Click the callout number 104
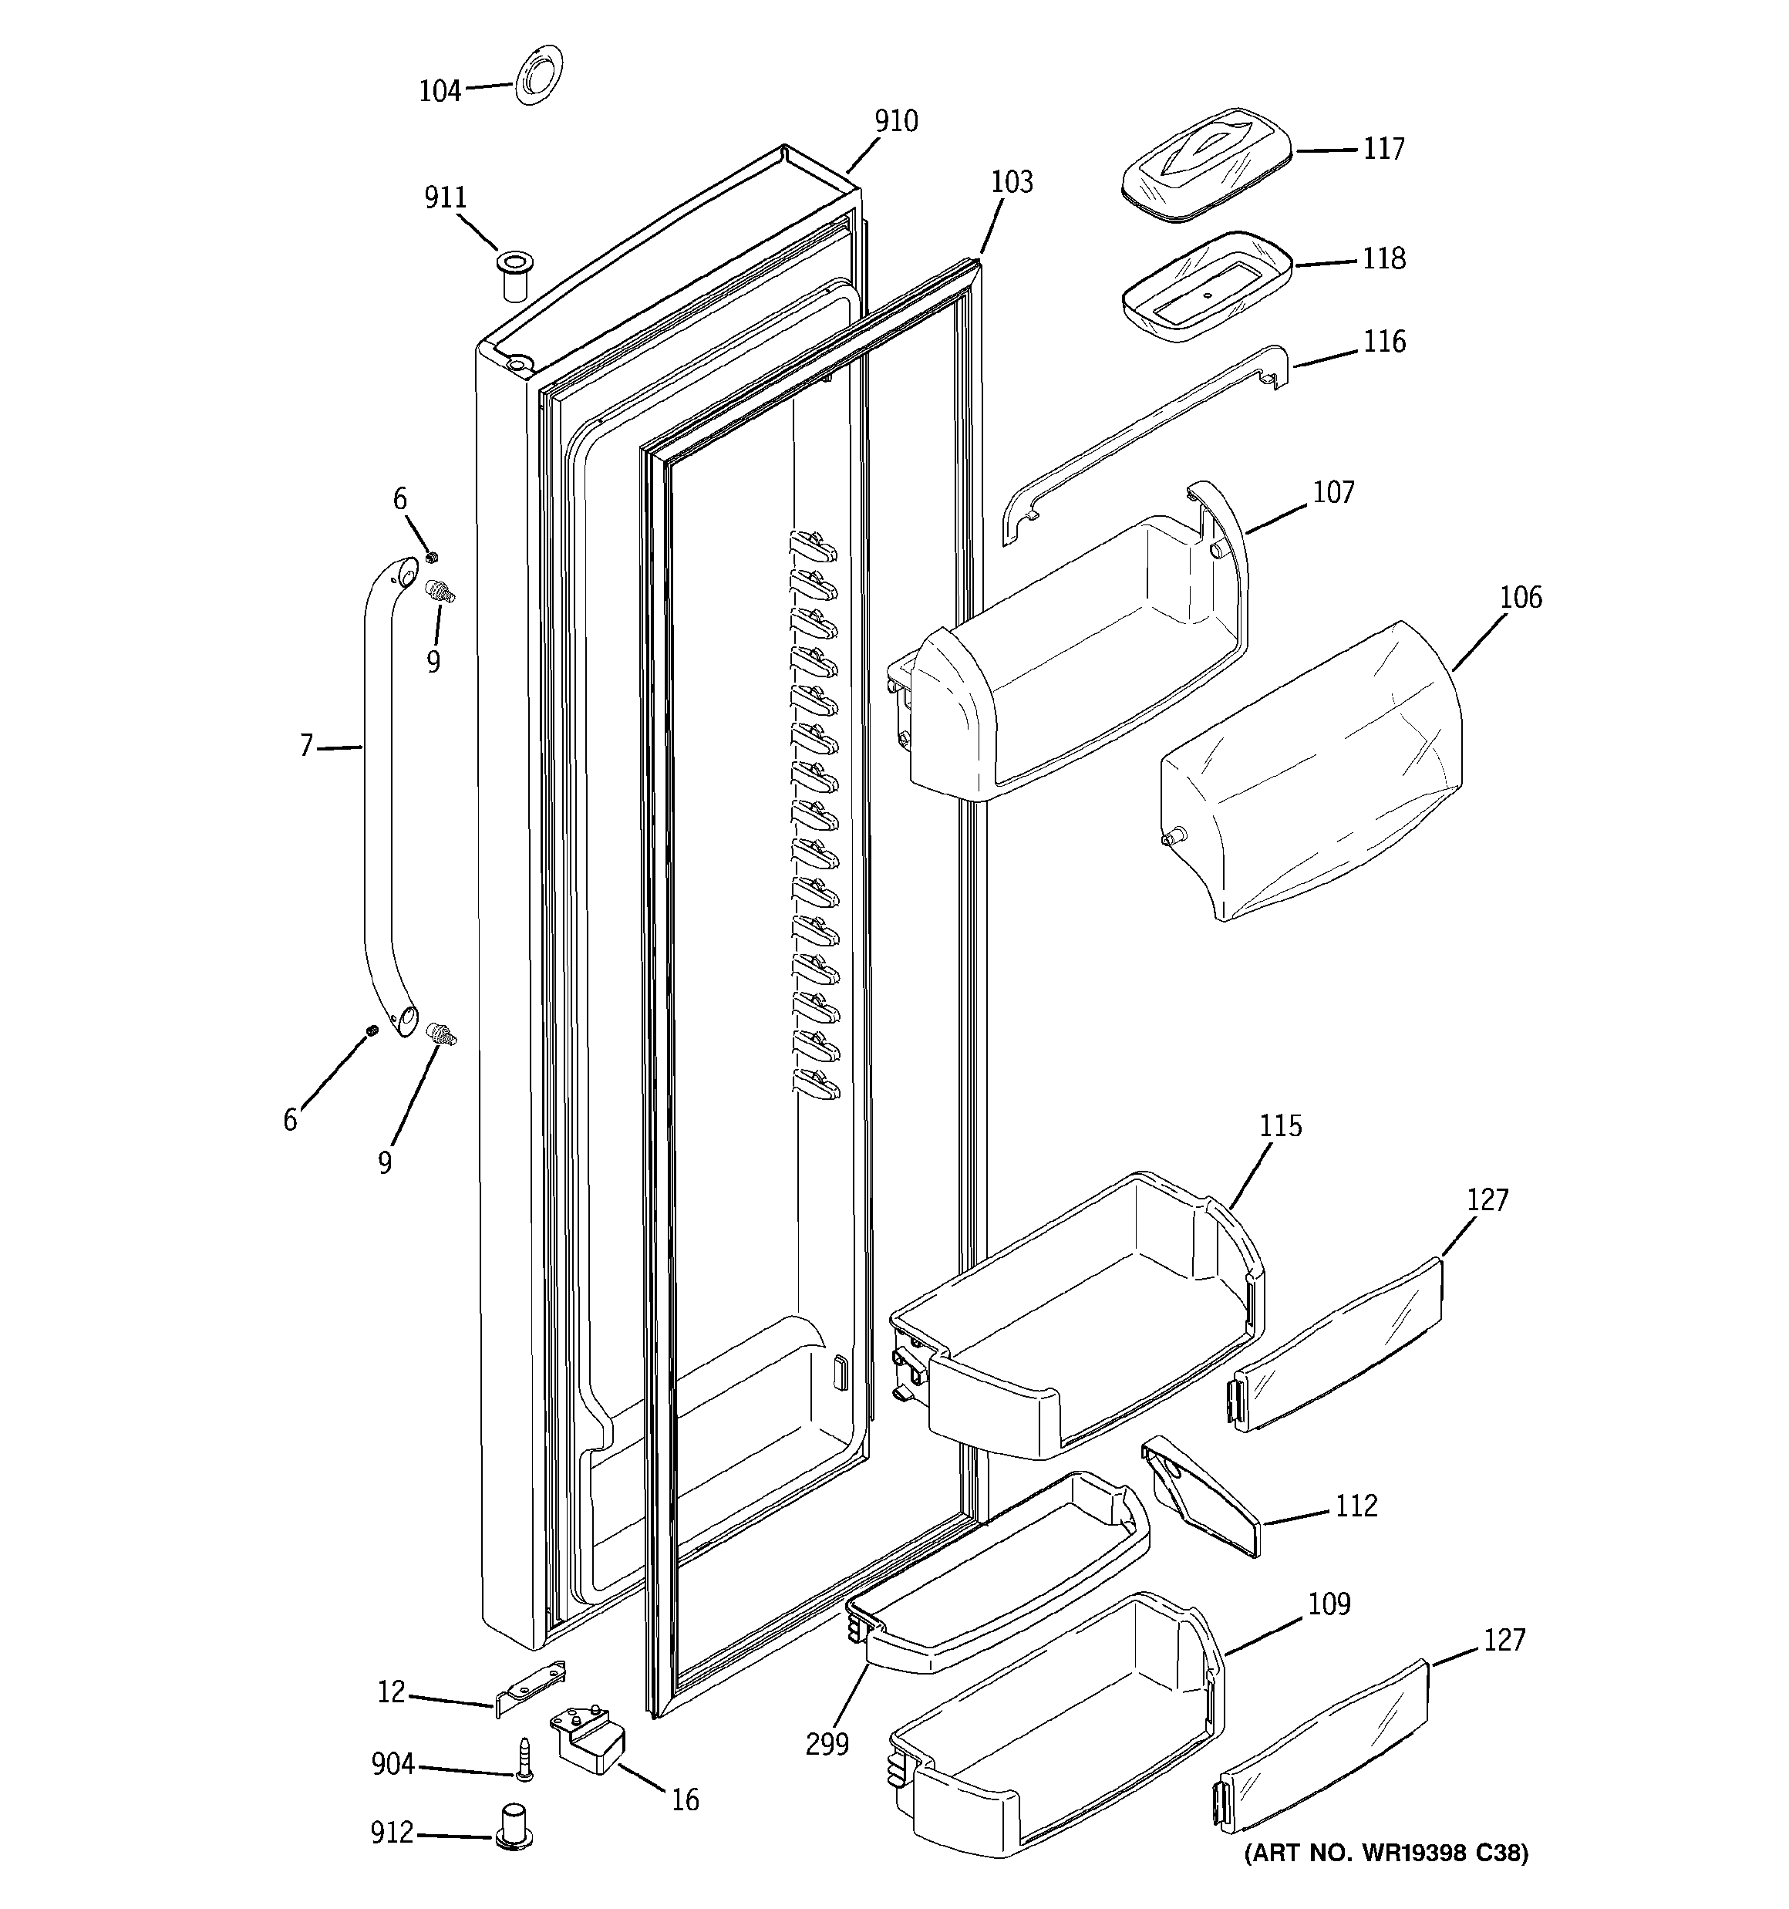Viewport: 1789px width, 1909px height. click(x=440, y=91)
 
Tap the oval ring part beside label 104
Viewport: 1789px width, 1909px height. click(x=539, y=78)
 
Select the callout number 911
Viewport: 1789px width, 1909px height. click(x=446, y=197)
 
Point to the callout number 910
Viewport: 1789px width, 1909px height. click(x=895, y=121)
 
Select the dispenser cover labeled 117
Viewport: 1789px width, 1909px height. click(x=1207, y=164)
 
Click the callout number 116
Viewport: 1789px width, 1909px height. click(x=1383, y=342)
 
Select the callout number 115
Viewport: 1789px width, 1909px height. click(x=1280, y=1125)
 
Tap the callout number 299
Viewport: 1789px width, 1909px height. click(x=827, y=1743)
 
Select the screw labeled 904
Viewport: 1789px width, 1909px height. click(x=524, y=1760)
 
